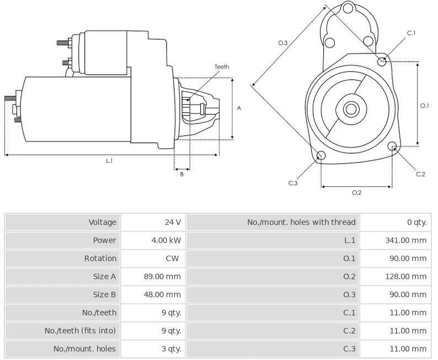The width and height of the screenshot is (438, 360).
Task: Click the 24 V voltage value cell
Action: (x=173, y=222)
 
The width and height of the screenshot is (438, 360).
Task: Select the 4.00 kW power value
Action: (x=166, y=240)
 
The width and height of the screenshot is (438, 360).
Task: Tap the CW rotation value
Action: (x=172, y=259)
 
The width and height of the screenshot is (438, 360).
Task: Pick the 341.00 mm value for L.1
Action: (x=406, y=240)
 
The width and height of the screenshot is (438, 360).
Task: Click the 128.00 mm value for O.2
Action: (x=406, y=277)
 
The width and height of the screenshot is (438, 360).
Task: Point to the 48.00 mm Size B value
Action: (x=162, y=295)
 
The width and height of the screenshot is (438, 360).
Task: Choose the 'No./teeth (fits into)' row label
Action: (x=80, y=331)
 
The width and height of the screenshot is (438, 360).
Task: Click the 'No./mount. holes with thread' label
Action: (x=301, y=222)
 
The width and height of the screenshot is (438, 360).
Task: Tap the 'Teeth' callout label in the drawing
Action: (x=222, y=67)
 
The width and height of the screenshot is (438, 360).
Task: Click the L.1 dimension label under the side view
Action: (x=109, y=161)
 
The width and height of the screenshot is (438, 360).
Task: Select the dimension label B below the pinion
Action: (x=181, y=174)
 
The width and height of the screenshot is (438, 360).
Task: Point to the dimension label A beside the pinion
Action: (x=239, y=108)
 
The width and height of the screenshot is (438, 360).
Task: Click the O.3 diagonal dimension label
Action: (x=282, y=42)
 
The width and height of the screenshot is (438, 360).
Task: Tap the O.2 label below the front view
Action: (x=357, y=192)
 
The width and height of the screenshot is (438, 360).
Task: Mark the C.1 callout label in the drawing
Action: (x=411, y=33)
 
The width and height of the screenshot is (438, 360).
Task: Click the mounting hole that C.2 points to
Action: (x=392, y=146)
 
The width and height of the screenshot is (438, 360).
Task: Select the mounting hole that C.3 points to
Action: (x=321, y=155)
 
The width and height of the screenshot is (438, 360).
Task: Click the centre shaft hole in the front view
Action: (x=351, y=109)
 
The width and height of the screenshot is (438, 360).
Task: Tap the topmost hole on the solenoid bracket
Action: (x=348, y=8)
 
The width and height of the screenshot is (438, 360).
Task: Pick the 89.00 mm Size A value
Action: (x=162, y=277)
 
